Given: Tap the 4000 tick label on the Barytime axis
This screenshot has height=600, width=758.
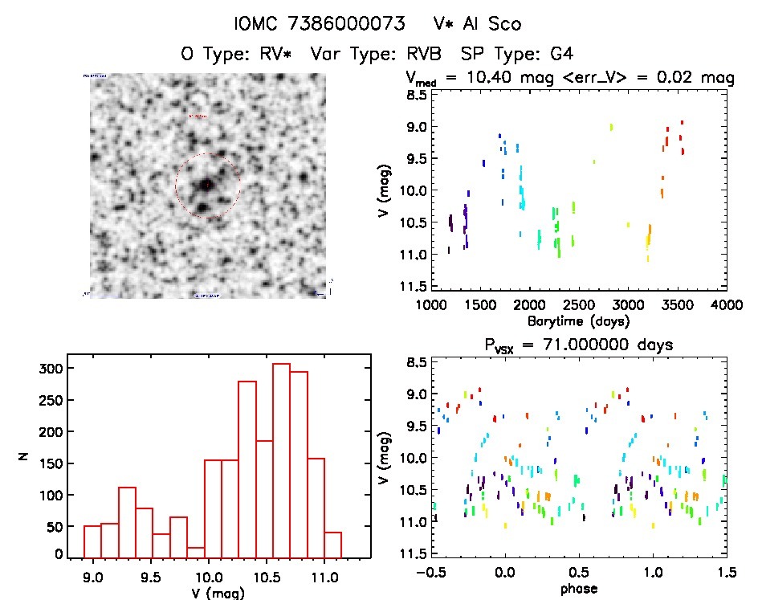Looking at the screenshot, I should pos(726,306).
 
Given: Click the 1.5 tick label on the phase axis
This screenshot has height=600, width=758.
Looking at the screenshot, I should pos(726,573).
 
